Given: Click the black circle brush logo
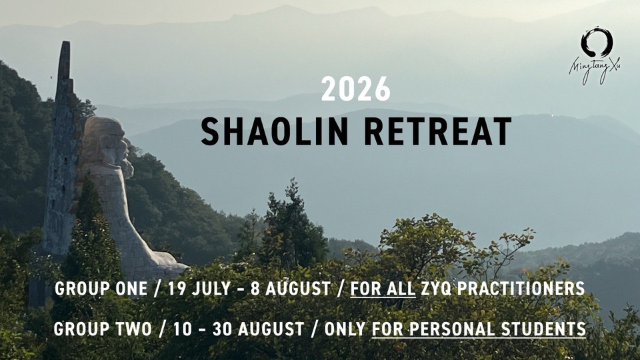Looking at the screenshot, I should tap(596, 42).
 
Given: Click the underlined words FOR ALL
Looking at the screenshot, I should tap(383, 289).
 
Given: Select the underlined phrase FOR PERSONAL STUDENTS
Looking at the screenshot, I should tap(479, 329).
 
